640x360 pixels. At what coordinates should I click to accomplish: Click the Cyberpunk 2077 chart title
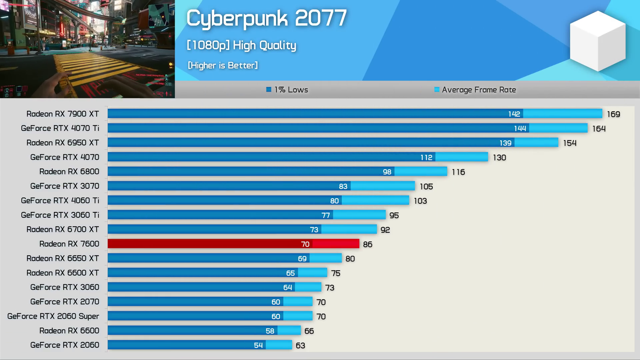coord(267,18)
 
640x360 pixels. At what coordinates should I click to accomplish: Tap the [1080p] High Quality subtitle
coord(241,45)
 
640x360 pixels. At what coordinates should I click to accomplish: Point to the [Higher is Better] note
coord(223,65)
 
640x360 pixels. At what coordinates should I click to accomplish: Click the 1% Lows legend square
coord(269,89)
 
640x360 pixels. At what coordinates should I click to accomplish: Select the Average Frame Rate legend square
coord(437,89)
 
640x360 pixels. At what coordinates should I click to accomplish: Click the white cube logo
coord(598,41)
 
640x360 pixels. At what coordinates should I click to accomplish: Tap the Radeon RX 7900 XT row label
coord(63,114)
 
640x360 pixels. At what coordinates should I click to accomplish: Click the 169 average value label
coord(613,114)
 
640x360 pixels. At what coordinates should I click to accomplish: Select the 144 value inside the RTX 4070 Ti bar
coord(520,128)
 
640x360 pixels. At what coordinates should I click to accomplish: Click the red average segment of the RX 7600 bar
coord(336,244)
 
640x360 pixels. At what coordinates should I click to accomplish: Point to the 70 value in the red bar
coord(305,244)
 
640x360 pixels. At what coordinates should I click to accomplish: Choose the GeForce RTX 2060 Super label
coord(53,316)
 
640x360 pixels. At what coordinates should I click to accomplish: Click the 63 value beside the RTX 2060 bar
coord(300,345)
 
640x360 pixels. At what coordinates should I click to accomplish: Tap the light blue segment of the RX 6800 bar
coord(421,172)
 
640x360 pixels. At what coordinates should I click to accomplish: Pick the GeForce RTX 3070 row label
coord(65,186)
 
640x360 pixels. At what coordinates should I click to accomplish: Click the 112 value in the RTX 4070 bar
coord(426,157)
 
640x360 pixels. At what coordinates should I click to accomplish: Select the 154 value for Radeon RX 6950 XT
coord(570,143)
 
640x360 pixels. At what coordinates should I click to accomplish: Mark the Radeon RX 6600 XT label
coord(63,273)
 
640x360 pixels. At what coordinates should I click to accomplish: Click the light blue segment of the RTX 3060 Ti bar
coord(359,215)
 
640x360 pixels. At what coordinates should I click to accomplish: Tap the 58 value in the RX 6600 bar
coord(270,331)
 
